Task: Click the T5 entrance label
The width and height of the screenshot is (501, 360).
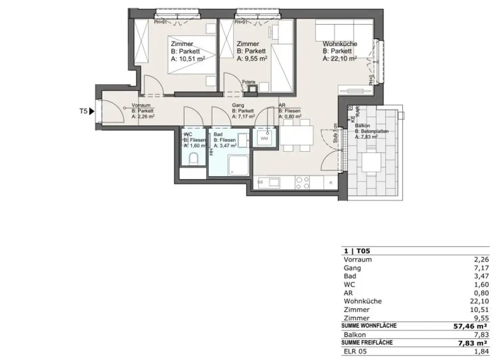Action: pyautogui.click(x=83, y=111)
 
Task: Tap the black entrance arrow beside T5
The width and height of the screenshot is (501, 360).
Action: pyautogui.click(x=92, y=111)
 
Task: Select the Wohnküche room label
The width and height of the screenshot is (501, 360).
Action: pyautogui.click(x=340, y=44)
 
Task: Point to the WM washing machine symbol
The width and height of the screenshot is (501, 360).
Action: pyautogui.click(x=264, y=138)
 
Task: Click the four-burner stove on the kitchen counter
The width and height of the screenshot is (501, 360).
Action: pyautogui.click(x=303, y=182)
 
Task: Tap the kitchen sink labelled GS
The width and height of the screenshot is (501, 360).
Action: pyautogui.click(x=269, y=182)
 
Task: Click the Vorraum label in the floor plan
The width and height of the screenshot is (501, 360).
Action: pyautogui.click(x=140, y=105)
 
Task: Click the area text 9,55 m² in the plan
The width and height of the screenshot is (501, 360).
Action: pyautogui.click(x=251, y=58)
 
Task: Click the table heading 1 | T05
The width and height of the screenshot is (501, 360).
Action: pyautogui.click(x=354, y=251)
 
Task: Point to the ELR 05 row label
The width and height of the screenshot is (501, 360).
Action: pyautogui.click(x=355, y=351)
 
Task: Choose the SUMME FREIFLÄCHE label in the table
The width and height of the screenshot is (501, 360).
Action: pyautogui.click(x=368, y=343)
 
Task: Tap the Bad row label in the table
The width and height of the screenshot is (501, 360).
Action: pyautogui.click(x=350, y=276)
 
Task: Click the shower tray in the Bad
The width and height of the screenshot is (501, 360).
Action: pyautogui.click(x=239, y=166)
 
